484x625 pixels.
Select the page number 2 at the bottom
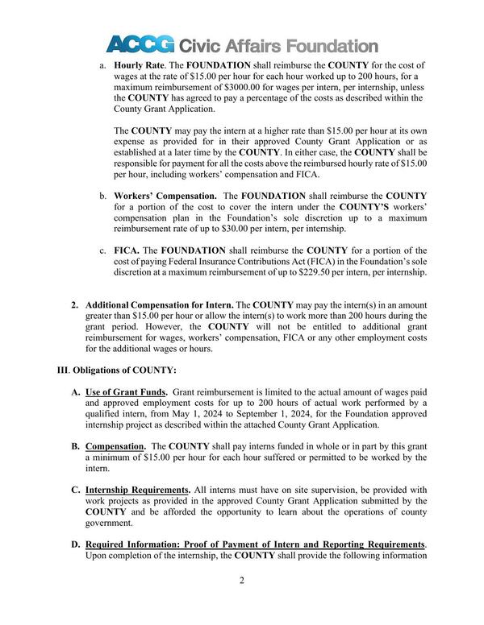click(x=242, y=580)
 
